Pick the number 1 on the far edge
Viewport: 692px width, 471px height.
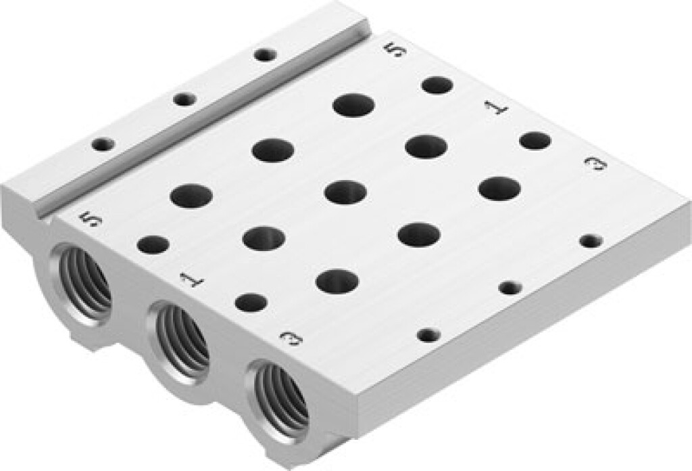coord(497,107)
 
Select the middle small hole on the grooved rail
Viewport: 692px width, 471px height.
coord(184,99)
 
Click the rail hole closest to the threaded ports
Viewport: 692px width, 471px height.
coord(103,144)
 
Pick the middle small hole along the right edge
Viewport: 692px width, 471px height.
coord(510,288)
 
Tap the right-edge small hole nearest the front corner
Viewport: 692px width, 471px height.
coord(428,334)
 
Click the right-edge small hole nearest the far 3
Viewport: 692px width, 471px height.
coord(591,240)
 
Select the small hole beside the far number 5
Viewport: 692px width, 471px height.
coord(437,85)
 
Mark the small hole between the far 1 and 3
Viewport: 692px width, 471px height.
coord(535,141)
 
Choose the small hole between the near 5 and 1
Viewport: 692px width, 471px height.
coord(153,245)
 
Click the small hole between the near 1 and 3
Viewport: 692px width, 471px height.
coord(250,302)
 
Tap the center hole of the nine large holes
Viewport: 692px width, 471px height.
coord(345,192)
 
